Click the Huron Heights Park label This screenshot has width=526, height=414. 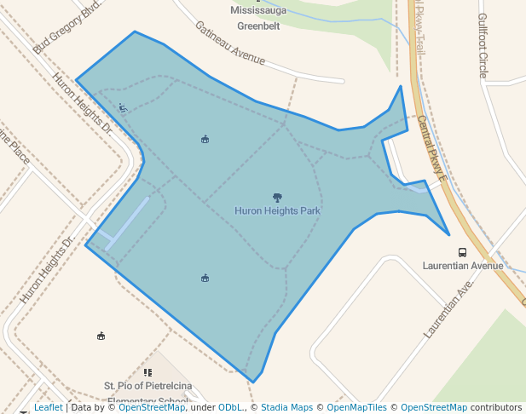pyautogui.click(x=277, y=210)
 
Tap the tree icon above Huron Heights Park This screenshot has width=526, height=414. pyautogui.click(x=277, y=198)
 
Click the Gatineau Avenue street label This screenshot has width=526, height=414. pyautogui.click(x=229, y=43)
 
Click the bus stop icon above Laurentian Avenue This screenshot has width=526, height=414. pyautogui.click(x=462, y=252)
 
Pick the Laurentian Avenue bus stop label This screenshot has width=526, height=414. pyautogui.click(x=463, y=266)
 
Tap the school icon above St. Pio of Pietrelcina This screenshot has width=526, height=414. pyautogui.click(x=147, y=372)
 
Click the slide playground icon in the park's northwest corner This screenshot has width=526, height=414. pyautogui.click(x=124, y=107)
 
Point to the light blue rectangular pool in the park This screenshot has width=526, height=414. pyautogui.click(x=129, y=222)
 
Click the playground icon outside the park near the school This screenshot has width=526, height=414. pyautogui.click(x=101, y=336)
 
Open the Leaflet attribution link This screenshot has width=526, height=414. pyautogui.click(x=48, y=408)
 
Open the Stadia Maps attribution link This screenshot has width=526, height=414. pyautogui.click(x=286, y=408)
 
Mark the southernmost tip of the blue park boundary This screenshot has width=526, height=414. pyautogui.click(x=252, y=382)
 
